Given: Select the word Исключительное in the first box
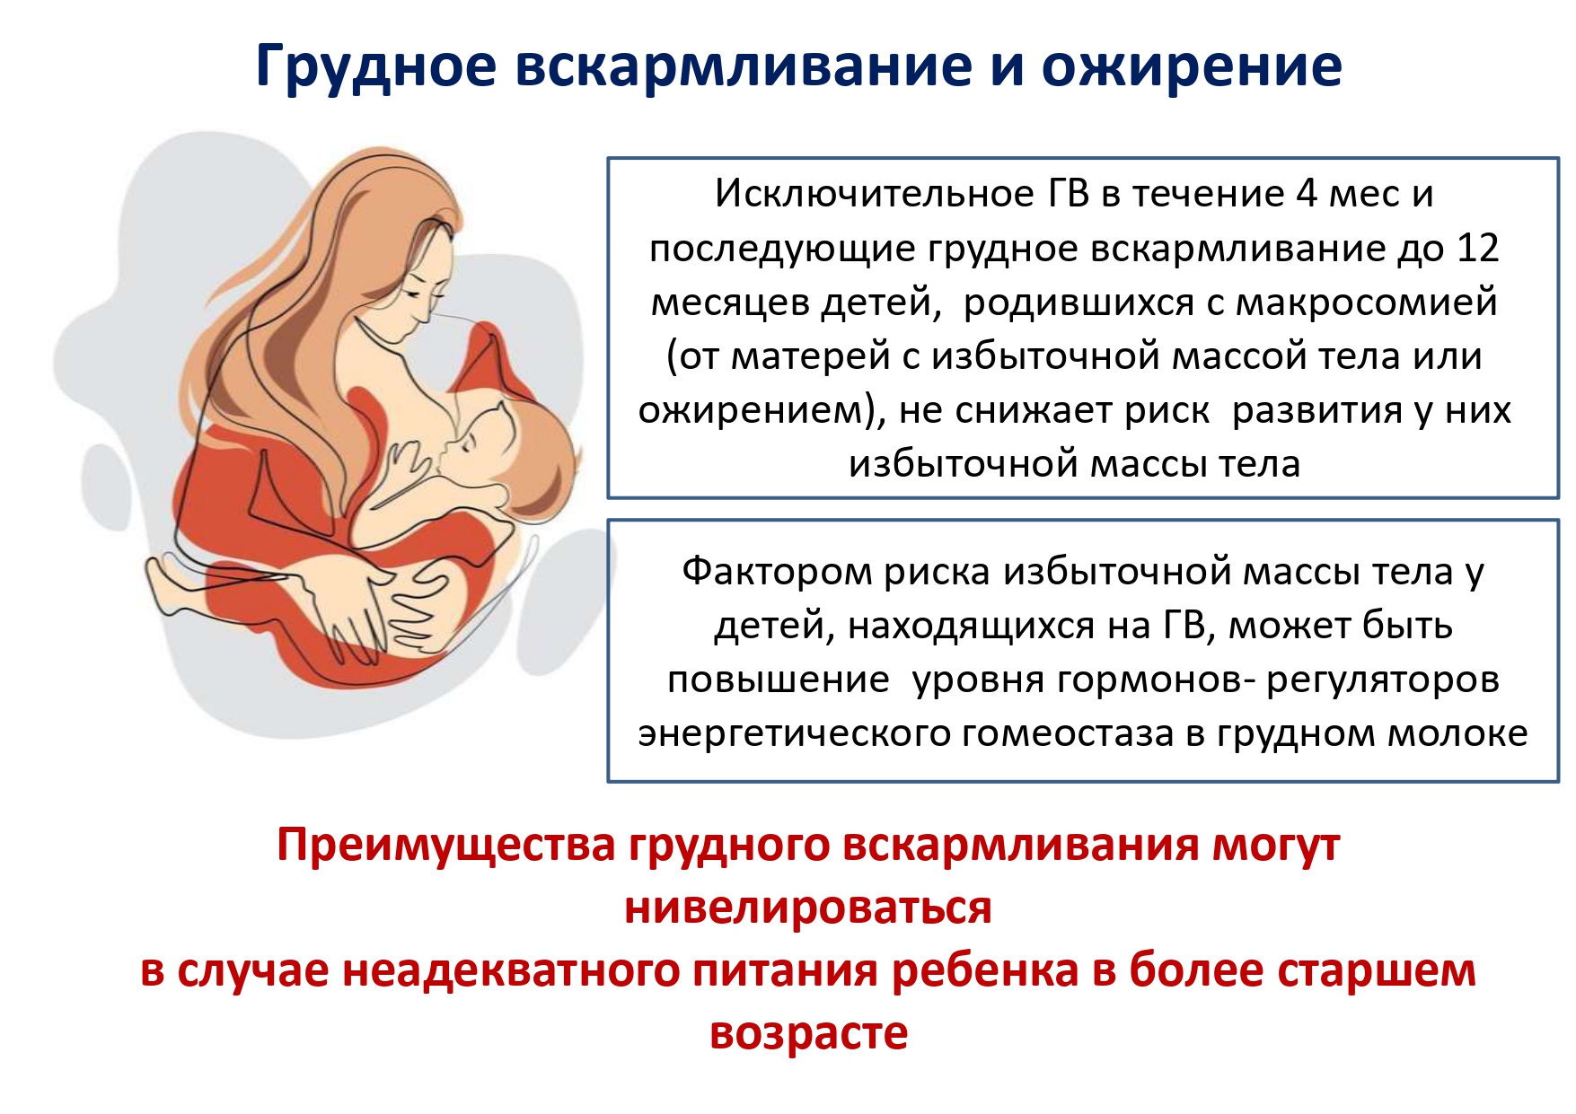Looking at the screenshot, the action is [x=876, y=194].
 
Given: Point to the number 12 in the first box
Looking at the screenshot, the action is [x=1478, y=248].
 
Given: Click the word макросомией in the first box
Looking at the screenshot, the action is [x=1366, y=303].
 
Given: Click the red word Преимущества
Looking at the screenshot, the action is [x=446, y=846].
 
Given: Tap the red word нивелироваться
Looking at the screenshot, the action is [x=808, y=908].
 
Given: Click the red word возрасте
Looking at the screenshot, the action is [x=808, y=1034].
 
